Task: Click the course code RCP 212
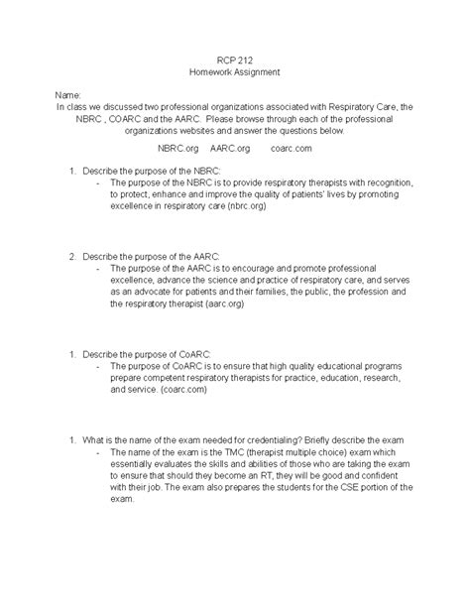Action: (x=234, y=60)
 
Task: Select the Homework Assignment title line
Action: (x=234, y=72)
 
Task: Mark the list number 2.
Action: (x=72, y=255)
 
